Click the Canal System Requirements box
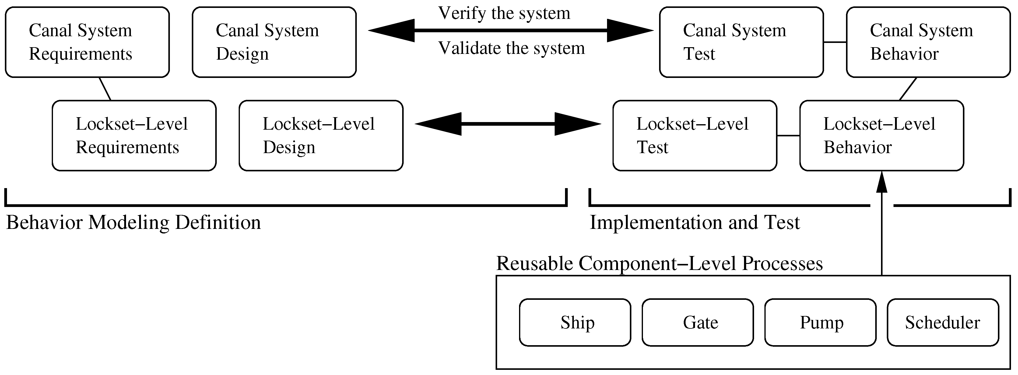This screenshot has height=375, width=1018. pyautogui.click(x=87, y=42)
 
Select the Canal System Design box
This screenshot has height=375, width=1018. pyautogui.click(x=274, y=42)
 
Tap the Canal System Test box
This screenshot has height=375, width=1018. pyautogui.click(x=741, y=42)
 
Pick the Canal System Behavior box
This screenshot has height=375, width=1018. pyautogui.click(x=928, y=42)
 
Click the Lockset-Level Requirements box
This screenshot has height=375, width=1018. pyautogui.click(x=134, y=135)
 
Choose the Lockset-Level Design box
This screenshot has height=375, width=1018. pyautogui.click(x=321, y=135)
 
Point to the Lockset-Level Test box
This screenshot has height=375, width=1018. pyautogui.click(x=694, y=135)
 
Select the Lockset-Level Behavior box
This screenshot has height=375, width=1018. pyautogui.click(x=881, y=135)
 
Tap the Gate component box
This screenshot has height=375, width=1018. pyautogui.click(x=697, y=322)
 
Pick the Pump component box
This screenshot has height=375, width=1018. pyautogui.click(x=820, y=322)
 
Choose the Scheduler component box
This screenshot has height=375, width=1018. pyautogui.click(x=943, y=322)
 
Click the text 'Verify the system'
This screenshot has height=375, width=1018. pyautogui.click(x=504, y=13)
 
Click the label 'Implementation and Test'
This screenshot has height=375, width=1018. pyautogui.click(x=694, y=223)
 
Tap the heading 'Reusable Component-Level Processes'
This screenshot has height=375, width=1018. pyautogui.click(x=659, y=263)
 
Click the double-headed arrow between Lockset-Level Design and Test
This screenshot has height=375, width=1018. pyautogui.click(x=508, y=124)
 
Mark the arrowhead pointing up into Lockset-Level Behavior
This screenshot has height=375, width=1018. pyautogui.click(x=882, y=182)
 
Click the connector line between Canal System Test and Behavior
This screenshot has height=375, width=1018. pyautogui.click(x=835, y=42)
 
